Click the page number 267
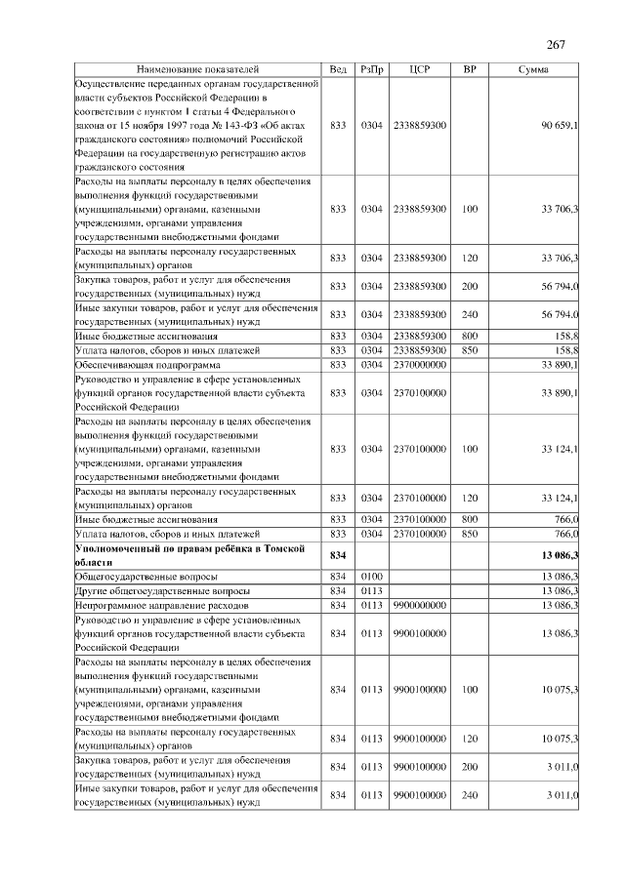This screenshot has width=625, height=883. coord(556,46)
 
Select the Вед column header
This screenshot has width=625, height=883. coord(338,70)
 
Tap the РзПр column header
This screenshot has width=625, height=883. coord(371,70)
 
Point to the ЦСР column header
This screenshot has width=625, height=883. coord(420,70)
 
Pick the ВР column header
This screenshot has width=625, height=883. coord(469,70)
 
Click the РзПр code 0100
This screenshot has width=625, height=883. coord(371,577)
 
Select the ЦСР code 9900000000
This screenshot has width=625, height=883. coord(420,605)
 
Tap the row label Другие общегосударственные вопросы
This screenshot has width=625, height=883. coord(162,591)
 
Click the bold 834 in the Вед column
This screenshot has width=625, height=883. coord(338,556)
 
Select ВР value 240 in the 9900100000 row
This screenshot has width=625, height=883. coord(469,796)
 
